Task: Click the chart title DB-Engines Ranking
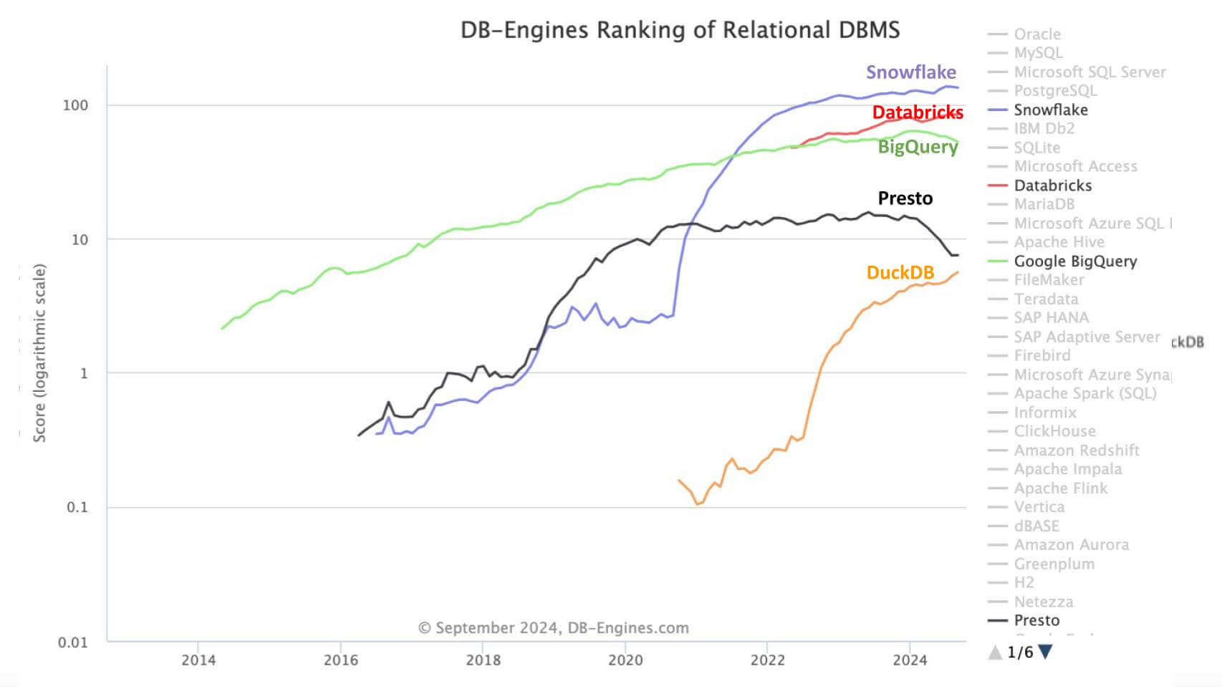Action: pos(679,30)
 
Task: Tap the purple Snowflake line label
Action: pos(910,72)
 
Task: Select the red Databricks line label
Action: pos(917,112)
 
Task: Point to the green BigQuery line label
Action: pos(918,147)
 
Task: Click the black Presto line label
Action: pos(905,198)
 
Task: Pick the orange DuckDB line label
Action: pos(900,273)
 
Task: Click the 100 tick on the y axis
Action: pos(75,105)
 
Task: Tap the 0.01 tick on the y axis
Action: pos(72,642)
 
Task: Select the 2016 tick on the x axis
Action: pos(341,660)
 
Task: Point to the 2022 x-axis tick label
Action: pos(767,660)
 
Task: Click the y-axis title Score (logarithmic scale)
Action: pos(39,352)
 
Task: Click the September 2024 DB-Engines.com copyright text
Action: pos(553,628)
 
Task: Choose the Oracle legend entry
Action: pos(1036,34)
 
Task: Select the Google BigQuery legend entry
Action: pos(1074,261)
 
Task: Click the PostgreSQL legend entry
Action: pos(1054,91)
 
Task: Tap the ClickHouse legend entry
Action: pos(1054,431)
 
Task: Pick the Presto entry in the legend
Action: pos(1036,620)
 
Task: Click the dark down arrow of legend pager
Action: pos(1045,652)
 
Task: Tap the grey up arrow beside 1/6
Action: pos(995,652)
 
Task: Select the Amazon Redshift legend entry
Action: pos(1076,451)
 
